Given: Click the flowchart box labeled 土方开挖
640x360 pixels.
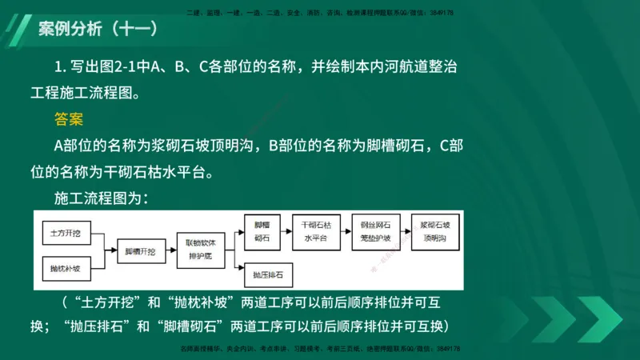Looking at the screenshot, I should coord(65,233).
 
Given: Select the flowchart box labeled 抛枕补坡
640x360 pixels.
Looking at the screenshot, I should coord(65,269).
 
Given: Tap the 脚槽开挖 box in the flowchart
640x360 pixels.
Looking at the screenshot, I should coord(140,251).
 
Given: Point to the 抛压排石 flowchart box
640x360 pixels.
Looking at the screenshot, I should coord(268,274).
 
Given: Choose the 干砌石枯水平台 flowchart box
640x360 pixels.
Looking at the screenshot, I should coord(317,232).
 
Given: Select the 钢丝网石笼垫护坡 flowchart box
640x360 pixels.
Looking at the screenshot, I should coord(375,232).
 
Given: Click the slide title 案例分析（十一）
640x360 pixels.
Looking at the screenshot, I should coord(98,30).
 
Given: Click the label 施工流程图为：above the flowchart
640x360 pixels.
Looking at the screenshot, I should coord(101,197).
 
